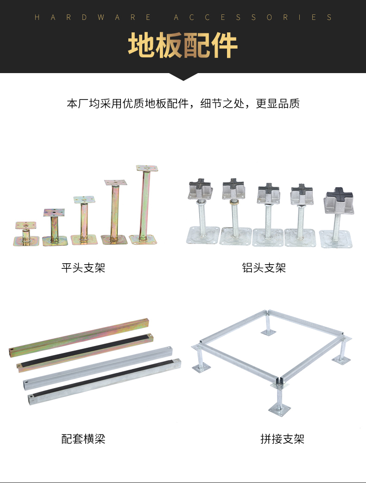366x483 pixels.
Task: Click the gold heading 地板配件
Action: (x=183, y=45)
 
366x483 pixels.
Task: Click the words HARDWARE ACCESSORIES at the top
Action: (x=183, y=18)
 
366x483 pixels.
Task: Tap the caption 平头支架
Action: (x=83, y=267)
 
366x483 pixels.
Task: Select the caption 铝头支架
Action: (x=264, y=267)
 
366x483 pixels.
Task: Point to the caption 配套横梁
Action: (x=83, y=439)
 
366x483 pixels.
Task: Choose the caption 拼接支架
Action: (x=283, y=439)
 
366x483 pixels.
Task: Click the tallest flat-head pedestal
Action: (x=145, y=204)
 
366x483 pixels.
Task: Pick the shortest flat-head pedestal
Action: (x=26, y=234)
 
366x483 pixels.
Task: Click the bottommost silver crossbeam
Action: (x=102, y=381)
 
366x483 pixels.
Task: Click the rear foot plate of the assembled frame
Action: (x=268, y=332)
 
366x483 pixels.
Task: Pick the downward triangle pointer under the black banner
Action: (x=183, y=77)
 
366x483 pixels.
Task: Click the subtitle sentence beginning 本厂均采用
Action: (x=183, y=103)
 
